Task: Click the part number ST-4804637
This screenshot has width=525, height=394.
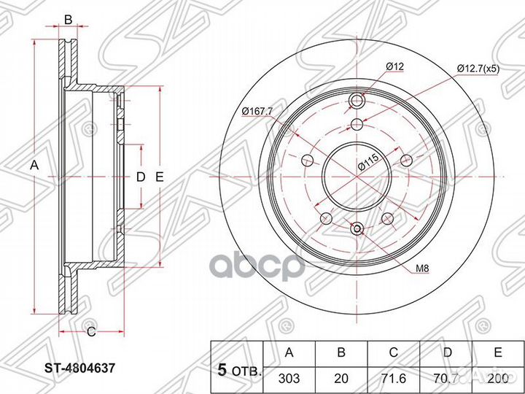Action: (80, 369)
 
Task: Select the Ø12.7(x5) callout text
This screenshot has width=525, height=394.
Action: (478, 69)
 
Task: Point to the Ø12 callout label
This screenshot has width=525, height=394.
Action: (394, 66)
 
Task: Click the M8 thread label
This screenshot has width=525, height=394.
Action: (422, 268)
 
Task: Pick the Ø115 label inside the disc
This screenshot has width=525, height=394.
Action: (369, 162)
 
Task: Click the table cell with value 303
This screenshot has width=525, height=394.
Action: (289, 379)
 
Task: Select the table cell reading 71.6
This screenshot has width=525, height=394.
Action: (394, 379)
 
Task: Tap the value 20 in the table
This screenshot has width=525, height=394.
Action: (341, 379)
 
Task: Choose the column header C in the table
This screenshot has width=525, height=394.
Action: (394, 352)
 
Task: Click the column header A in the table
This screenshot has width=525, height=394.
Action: (289, 352)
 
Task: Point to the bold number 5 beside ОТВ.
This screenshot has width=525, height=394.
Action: (222, 370)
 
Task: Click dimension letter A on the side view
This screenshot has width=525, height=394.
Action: (34, 165)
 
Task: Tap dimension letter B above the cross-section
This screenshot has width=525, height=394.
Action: (68, 20)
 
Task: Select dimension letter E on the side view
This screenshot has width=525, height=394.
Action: (160, 177)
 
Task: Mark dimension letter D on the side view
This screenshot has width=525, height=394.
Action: (141, 177)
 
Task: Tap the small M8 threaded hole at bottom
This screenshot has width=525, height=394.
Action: (357, 229)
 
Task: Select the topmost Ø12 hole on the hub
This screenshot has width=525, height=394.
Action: (357, 100)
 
